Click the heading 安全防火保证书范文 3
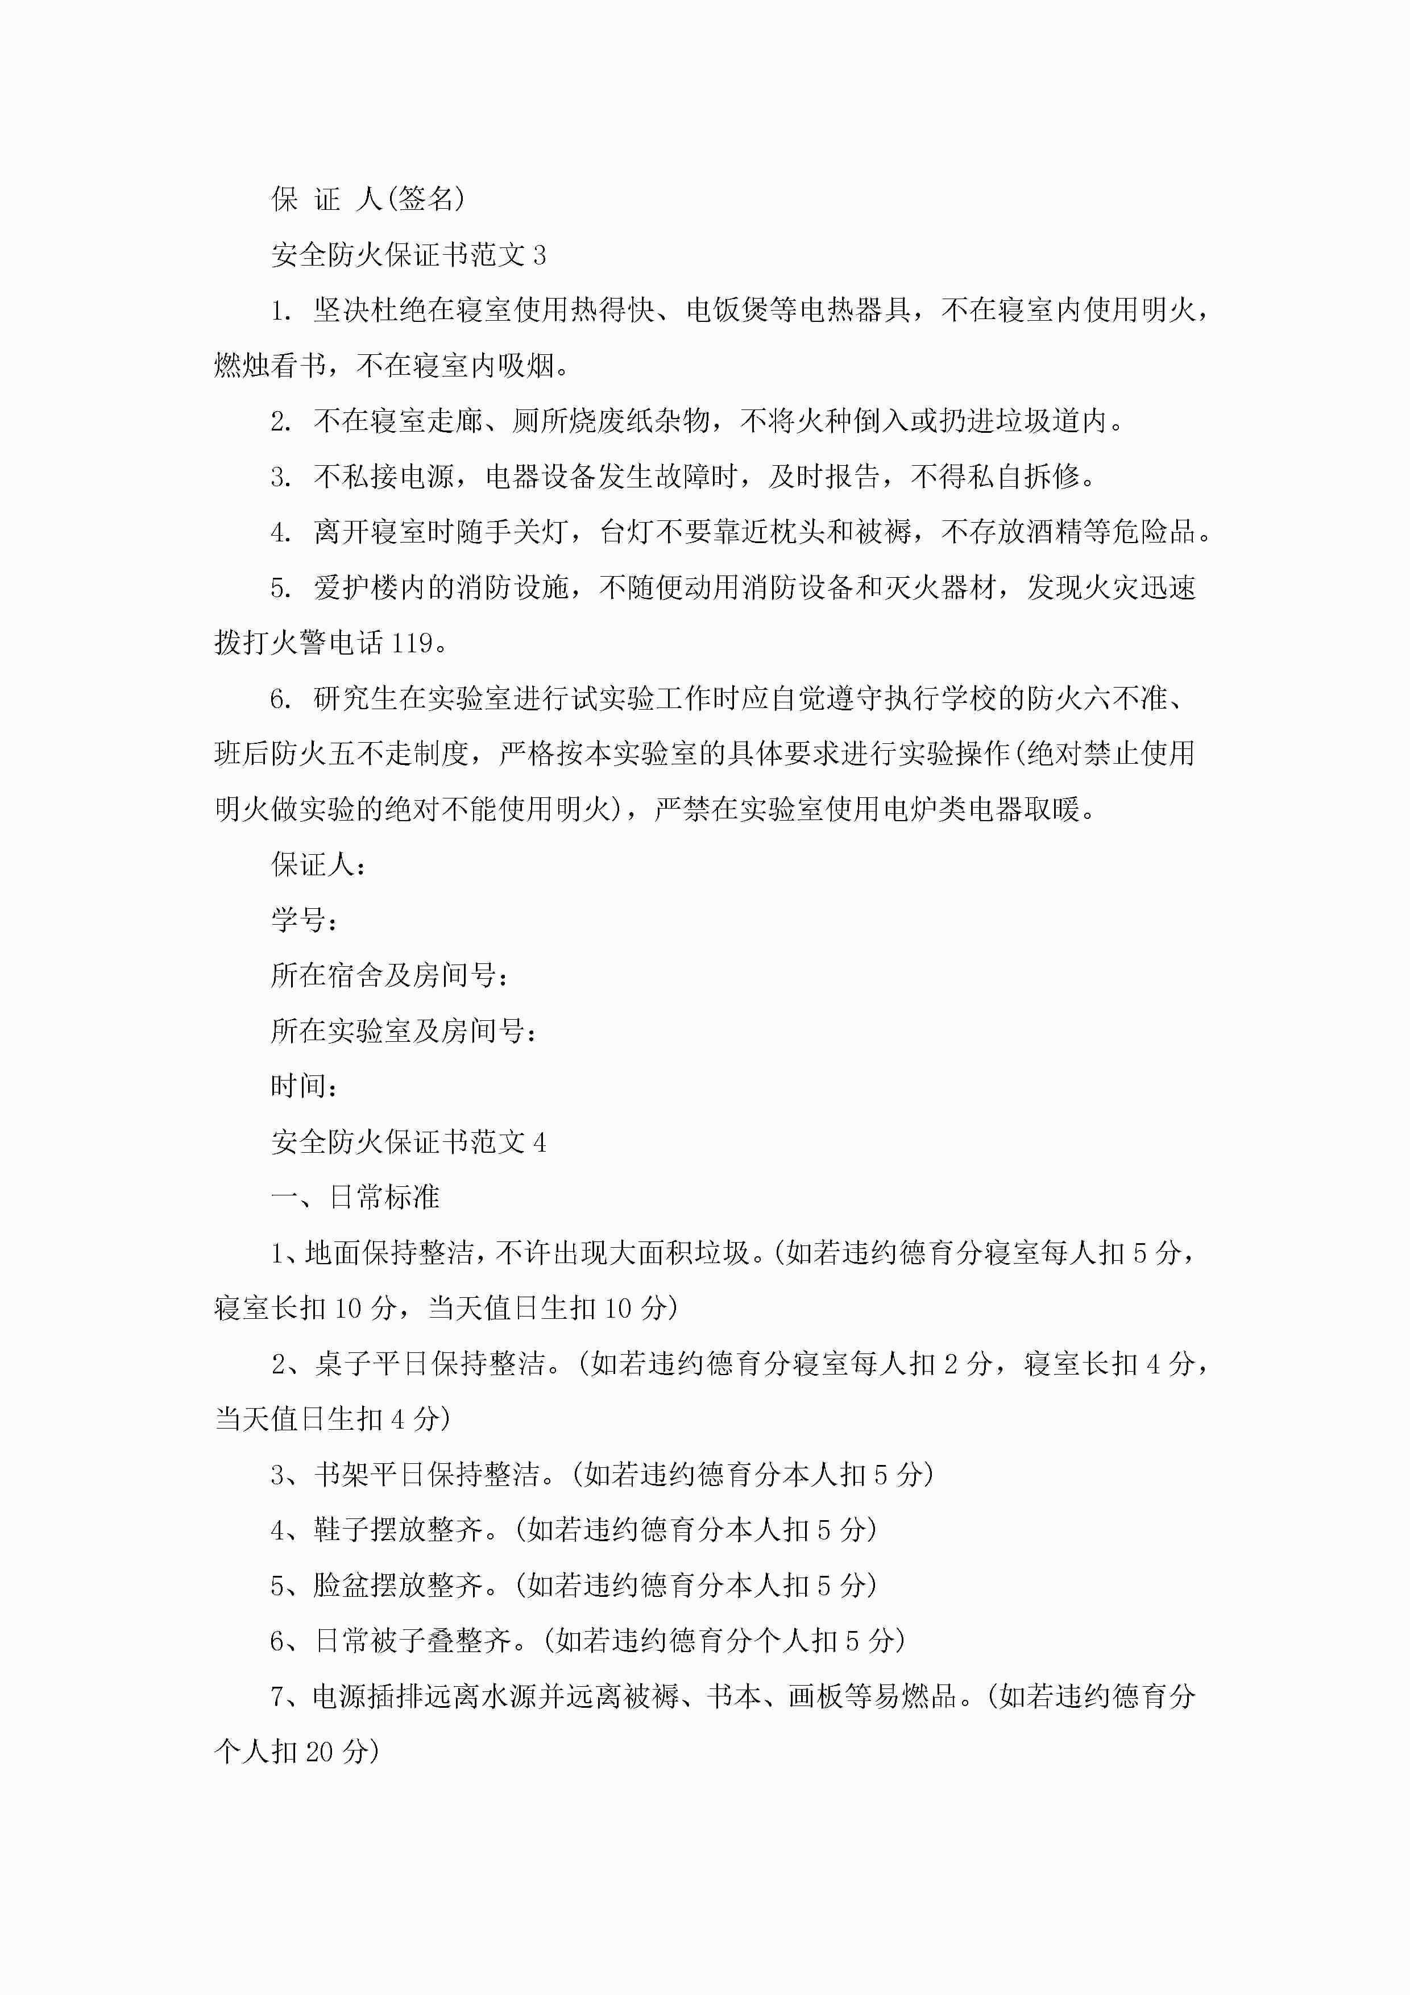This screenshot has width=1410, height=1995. (x=408, y=255)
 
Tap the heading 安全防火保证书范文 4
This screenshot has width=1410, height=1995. (x=408, y=1142)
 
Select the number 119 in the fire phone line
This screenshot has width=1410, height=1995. (x=412, y=643)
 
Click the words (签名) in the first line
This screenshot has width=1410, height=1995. (x=426, y=199)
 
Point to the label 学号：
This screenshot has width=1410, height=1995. (x=305, y=920)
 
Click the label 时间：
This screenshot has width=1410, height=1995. (x=305, y=1086)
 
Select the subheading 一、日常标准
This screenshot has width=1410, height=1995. (x=355, y=1197)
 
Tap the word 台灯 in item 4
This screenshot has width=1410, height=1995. (x=627, y=532)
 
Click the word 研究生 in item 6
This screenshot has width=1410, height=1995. (x=356, y=698)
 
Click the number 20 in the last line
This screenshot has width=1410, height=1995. (x=320, y=1752)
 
